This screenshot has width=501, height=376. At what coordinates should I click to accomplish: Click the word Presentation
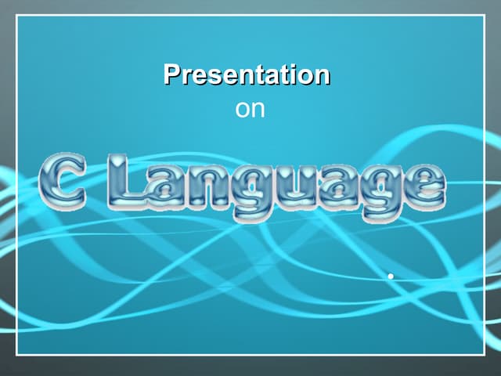click(247, 75)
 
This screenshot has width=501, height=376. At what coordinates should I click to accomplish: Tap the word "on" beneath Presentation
click(250, 109)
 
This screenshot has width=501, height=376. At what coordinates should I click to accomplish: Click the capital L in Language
click(128, 182)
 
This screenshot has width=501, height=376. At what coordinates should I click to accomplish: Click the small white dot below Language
click(389, 276)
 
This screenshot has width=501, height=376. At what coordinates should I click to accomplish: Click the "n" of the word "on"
click(258, 110)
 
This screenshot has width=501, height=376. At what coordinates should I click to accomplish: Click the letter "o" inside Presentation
click(305, 77)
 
